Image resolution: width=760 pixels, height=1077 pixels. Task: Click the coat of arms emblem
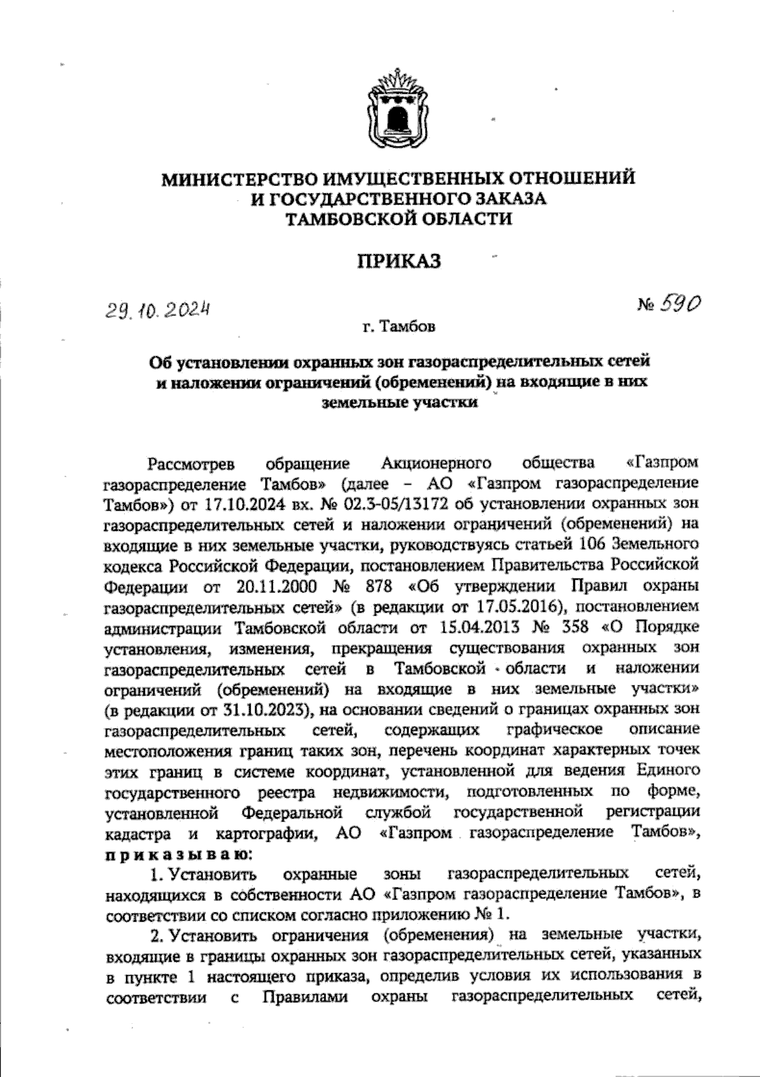[398, 109]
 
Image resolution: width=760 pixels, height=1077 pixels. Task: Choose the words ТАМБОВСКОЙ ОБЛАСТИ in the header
[398, 219]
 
